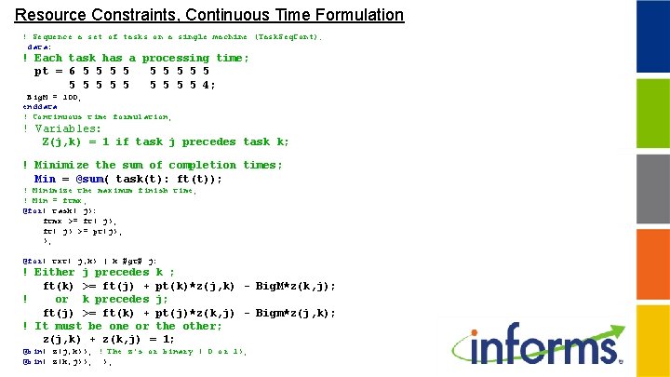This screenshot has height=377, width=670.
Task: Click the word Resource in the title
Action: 47,15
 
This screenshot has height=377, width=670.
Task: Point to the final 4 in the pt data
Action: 210,85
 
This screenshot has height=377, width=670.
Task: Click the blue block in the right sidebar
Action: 652,34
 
